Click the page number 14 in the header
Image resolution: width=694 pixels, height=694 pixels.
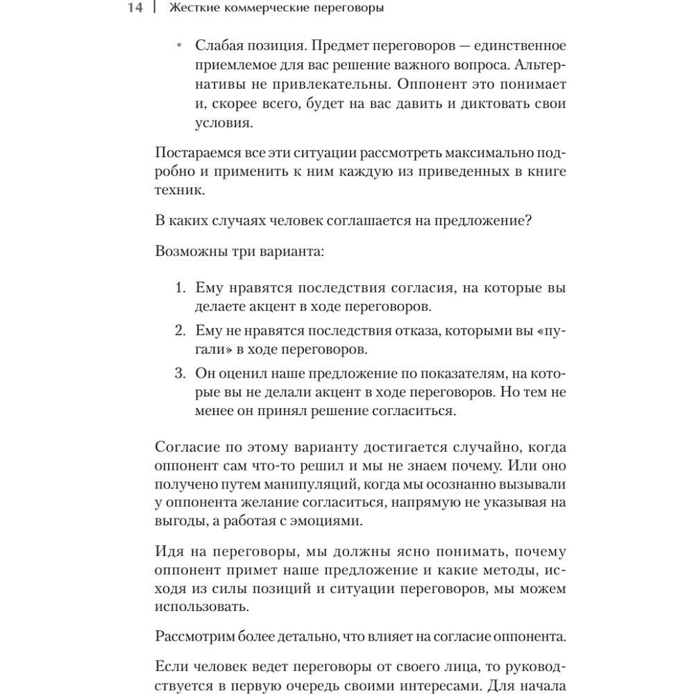(x=134, y=8)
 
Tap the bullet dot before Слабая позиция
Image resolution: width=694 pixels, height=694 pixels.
(x=180, y=46)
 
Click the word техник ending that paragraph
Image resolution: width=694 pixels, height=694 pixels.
(x=180, y=190)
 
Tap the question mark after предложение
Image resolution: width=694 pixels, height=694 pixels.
(x=528, y=221)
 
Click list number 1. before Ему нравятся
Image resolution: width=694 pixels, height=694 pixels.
(x=180, y=287)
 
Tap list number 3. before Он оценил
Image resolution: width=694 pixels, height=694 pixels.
(x=180, y=373)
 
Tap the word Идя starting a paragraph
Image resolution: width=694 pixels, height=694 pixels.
(x=169, y=552)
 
